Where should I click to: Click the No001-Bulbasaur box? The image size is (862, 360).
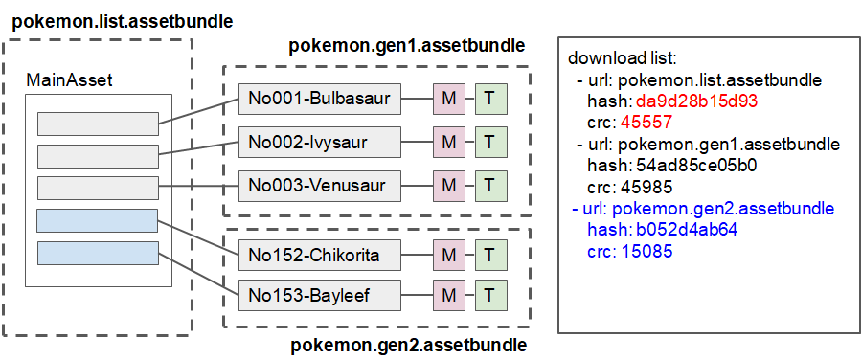(319, 99)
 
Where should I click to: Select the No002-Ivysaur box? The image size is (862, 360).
(319, 142)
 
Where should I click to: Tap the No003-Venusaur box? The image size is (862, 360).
(319, 185)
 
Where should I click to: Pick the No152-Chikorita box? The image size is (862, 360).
(319, 256)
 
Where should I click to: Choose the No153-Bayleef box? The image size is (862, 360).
(319, 294)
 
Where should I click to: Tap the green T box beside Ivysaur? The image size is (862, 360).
(489, 142)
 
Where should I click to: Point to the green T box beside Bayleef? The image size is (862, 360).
(489, 294)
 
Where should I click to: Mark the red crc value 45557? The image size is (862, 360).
(646, 123)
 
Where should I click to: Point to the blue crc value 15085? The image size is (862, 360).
(646, 252)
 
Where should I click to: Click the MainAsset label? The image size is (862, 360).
(69, 80)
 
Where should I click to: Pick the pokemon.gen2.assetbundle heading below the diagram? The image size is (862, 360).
(409, 345)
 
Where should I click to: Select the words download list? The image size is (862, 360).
(624, 58)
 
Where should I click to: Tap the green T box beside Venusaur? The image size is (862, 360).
(489, 185)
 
